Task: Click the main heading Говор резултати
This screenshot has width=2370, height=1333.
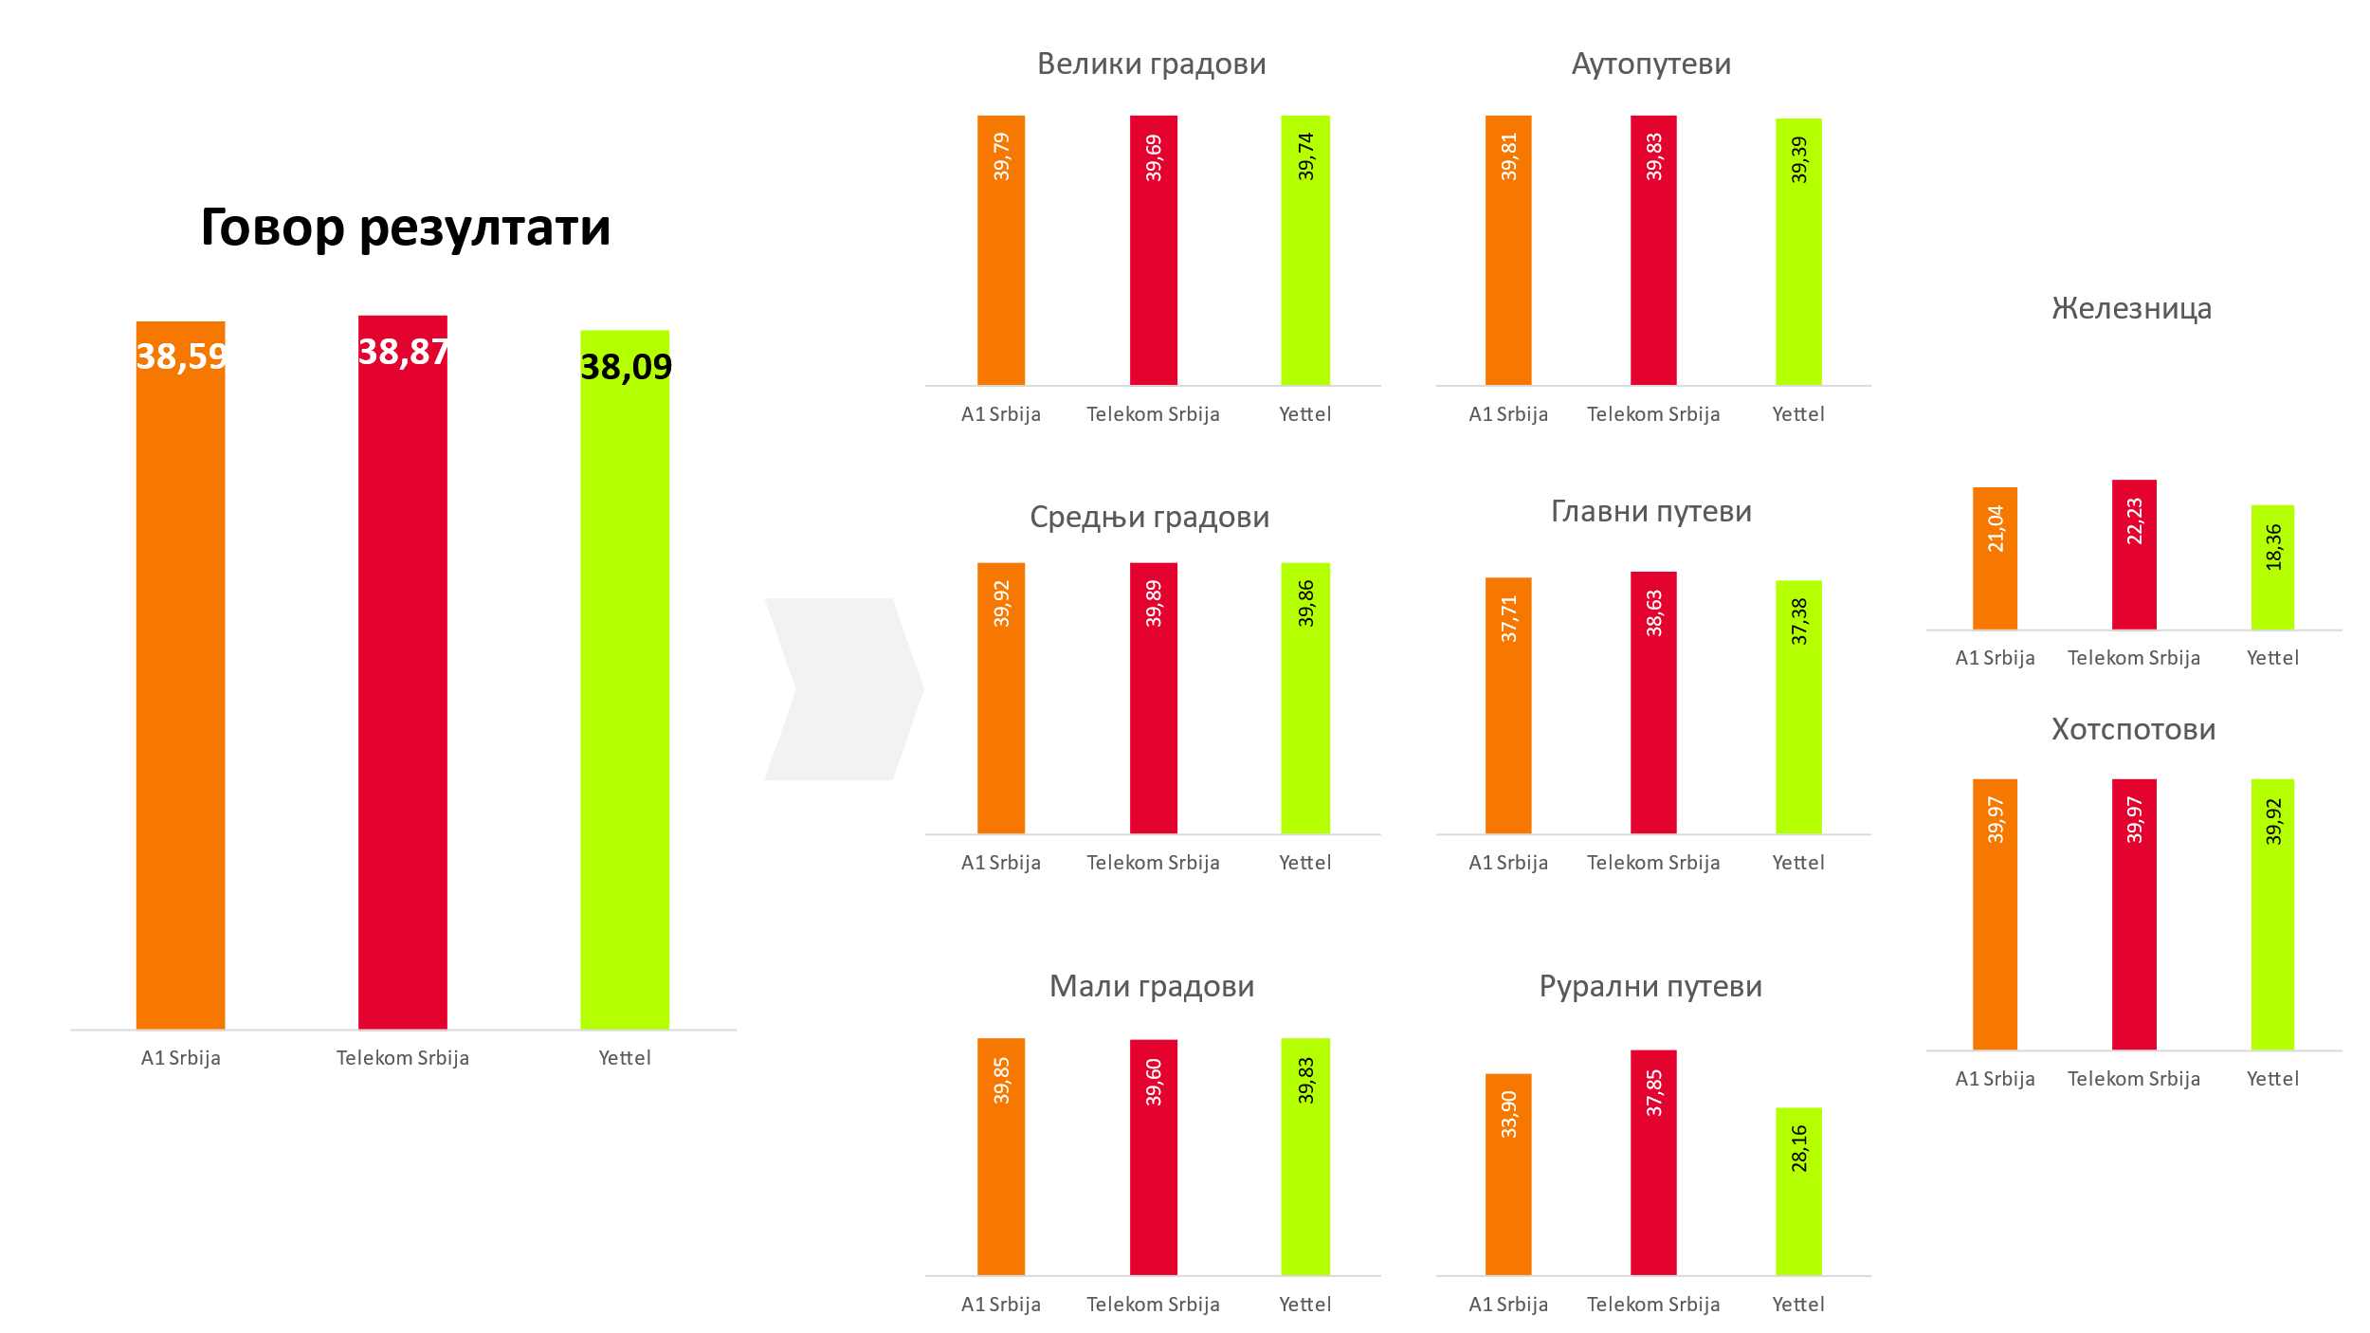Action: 406,228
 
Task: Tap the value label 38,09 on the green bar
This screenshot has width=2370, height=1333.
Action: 626,367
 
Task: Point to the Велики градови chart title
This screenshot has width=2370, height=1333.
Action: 1151,64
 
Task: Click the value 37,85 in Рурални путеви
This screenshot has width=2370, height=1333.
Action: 1654,1093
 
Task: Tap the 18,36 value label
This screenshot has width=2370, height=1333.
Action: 2273,547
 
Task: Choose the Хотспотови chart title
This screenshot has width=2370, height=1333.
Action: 2133,729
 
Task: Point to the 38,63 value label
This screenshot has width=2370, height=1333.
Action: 1654,613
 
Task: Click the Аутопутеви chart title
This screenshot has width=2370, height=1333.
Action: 1650,64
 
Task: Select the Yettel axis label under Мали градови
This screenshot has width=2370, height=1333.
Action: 1304,1305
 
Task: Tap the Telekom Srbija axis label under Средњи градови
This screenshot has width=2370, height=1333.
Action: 1153,863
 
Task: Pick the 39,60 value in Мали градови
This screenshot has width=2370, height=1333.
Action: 1154,1082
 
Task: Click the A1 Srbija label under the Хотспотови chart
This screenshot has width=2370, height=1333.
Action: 1995,1079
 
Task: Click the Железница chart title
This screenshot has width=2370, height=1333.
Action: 2131,308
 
